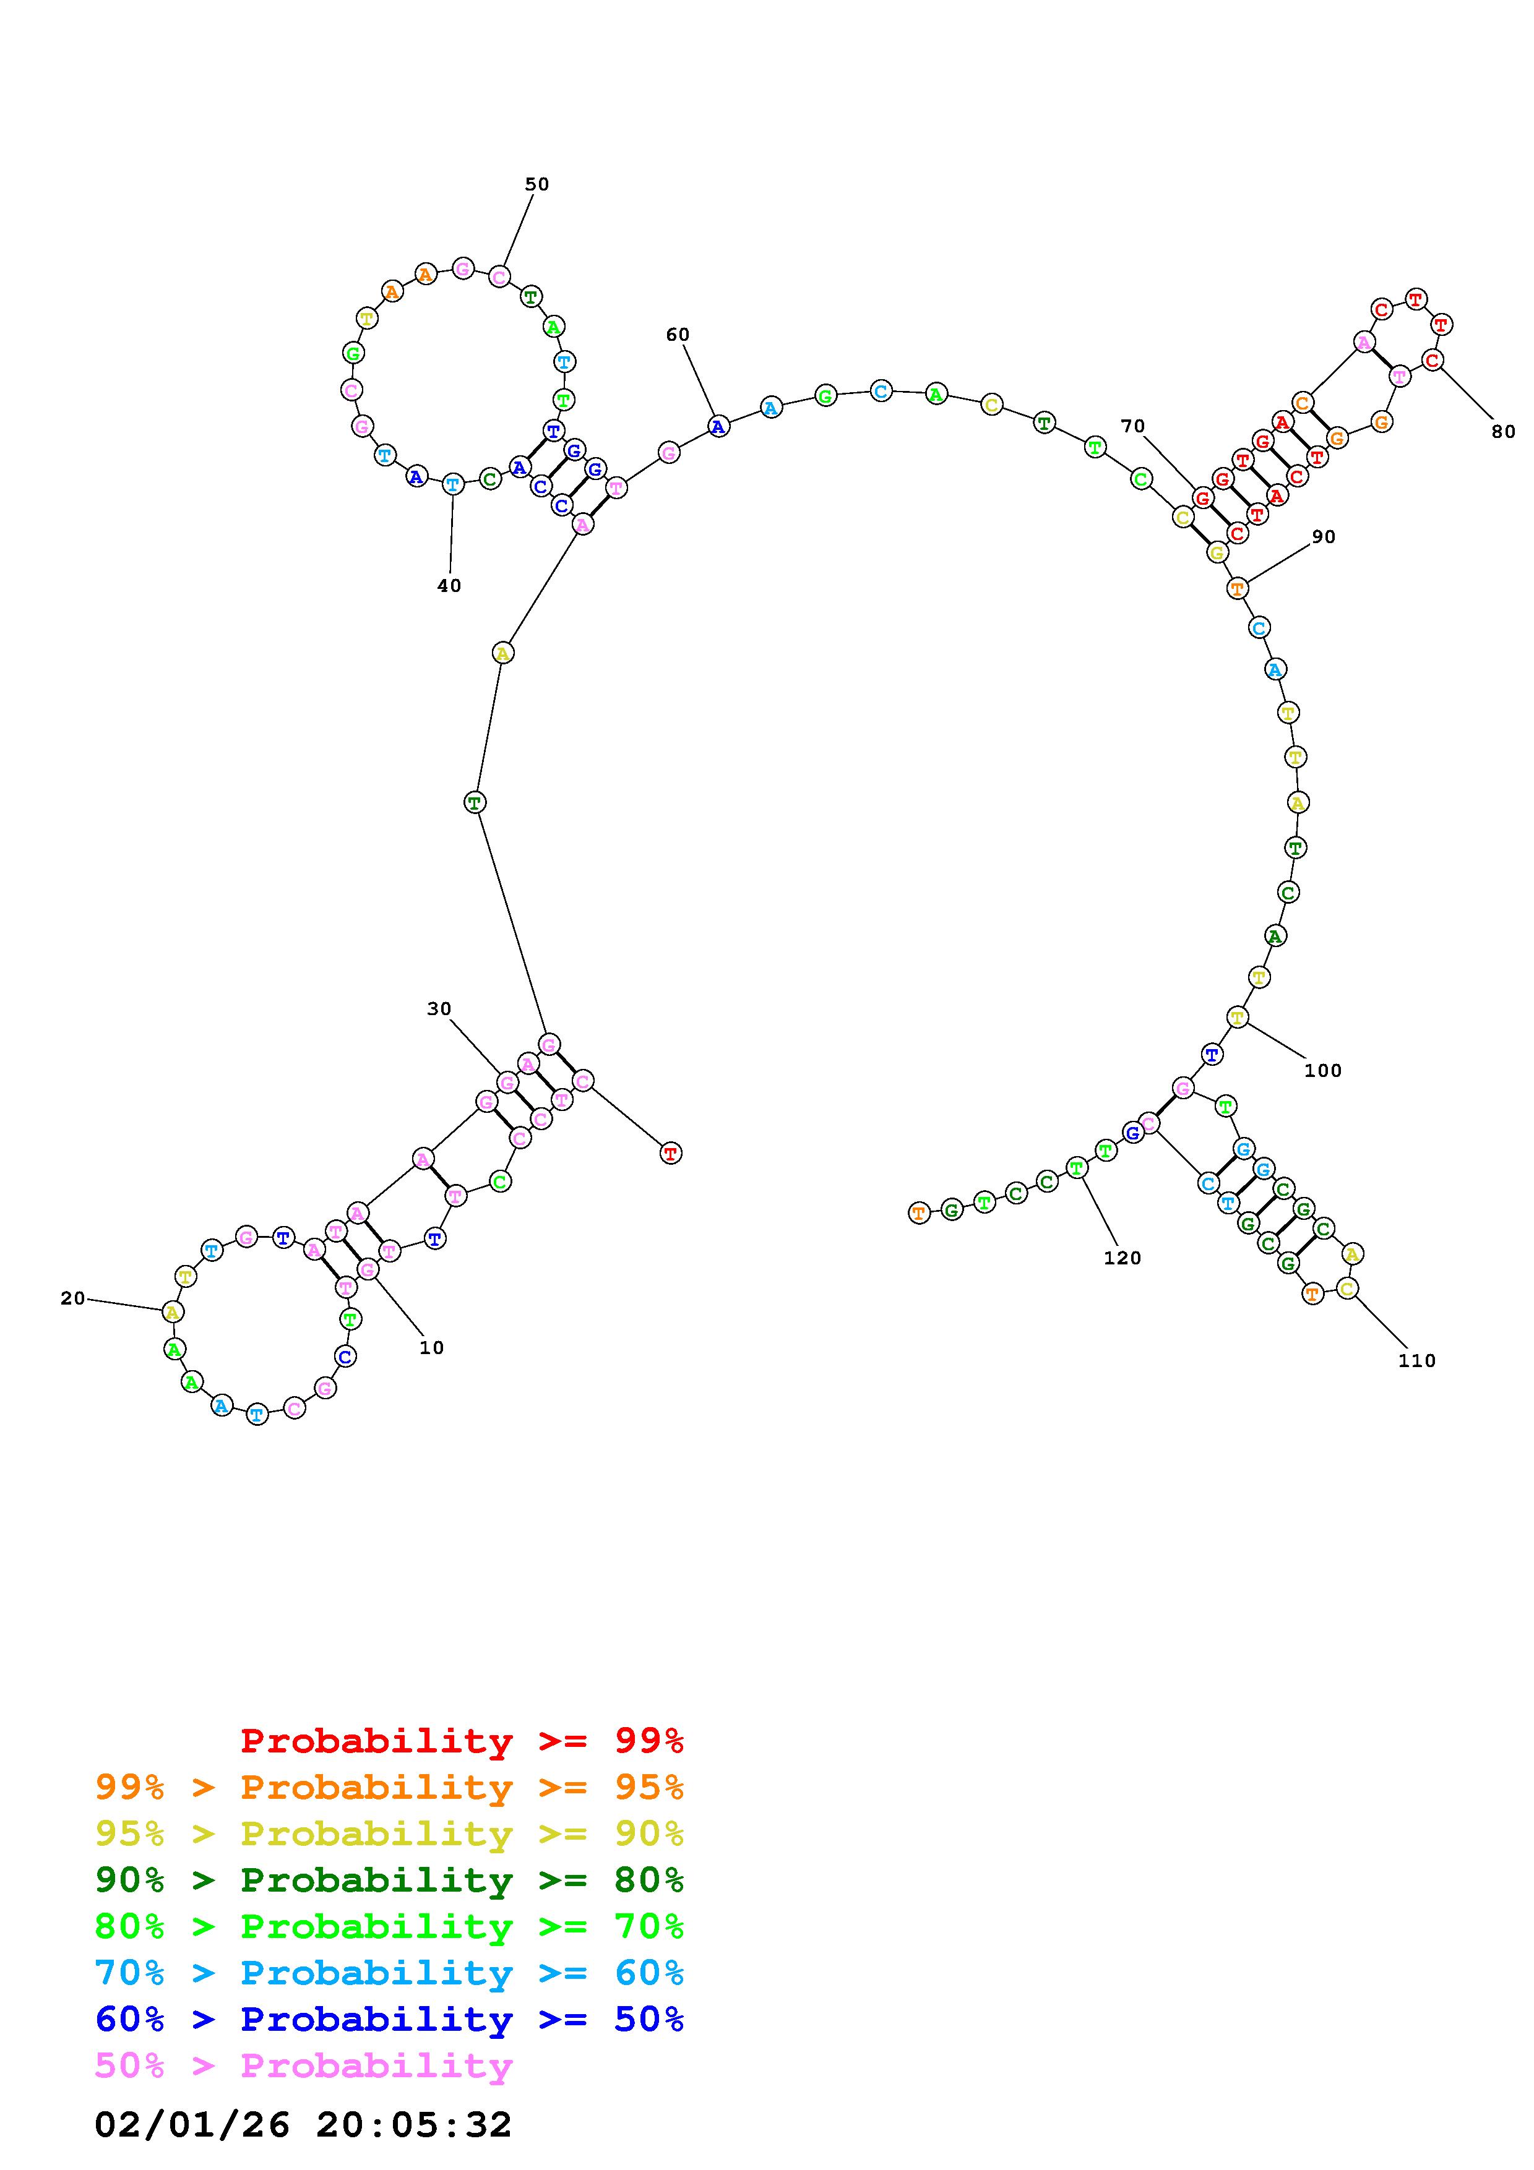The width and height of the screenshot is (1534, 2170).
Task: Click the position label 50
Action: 537,184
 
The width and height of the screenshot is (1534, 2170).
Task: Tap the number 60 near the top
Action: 678,335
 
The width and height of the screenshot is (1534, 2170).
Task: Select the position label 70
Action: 1132,426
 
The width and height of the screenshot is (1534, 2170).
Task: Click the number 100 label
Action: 1322,1071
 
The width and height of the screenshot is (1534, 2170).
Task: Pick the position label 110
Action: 1417,1361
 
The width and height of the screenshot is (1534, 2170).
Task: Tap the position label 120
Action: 1123,1258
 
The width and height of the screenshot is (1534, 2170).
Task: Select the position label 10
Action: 432,1348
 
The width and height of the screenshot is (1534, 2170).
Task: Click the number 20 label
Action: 73,1298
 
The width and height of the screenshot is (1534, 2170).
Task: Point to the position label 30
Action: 439,1008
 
